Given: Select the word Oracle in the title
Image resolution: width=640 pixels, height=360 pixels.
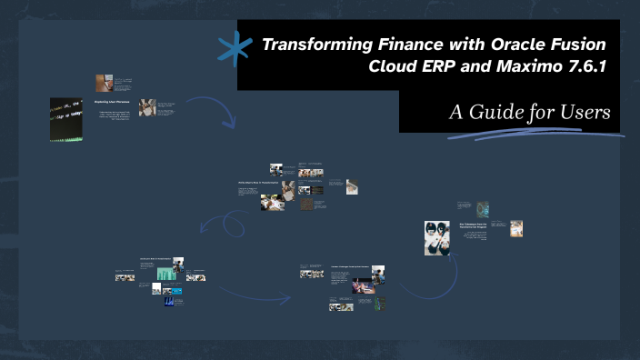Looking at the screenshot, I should (x=498, y=44).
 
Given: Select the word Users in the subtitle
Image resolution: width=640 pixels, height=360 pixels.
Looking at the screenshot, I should (x=585, y=112).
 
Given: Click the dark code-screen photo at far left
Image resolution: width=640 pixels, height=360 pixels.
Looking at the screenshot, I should (x=67, y=119).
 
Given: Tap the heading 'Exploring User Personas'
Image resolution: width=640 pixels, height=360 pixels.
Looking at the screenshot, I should (x=115, y=102).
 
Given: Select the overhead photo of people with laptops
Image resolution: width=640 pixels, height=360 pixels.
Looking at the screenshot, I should (x=436, y=237).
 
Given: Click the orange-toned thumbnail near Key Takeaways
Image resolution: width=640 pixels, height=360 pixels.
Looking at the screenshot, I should (x=516, y=228).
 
